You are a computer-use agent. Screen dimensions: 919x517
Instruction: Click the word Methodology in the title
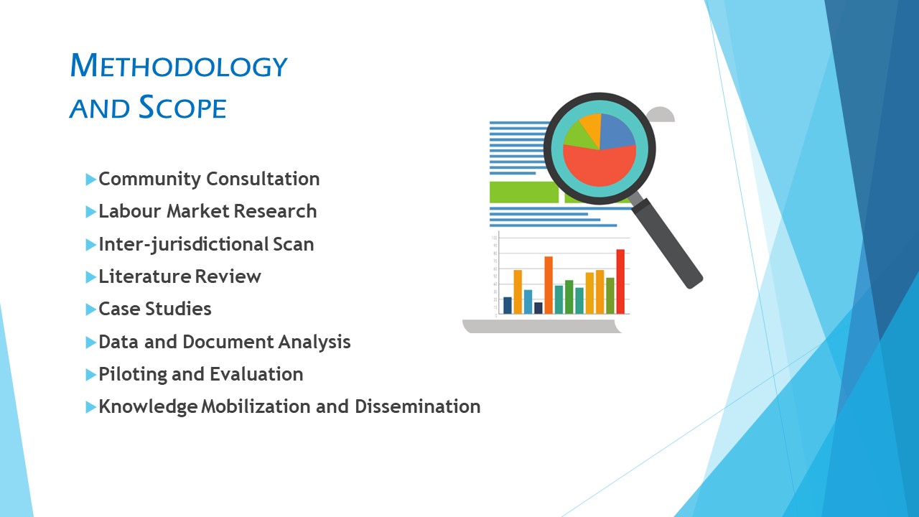pos(179,65)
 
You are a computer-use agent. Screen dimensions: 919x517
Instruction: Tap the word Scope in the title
pos(182,107)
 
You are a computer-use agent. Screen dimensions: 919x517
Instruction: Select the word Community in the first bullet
pos(150,180)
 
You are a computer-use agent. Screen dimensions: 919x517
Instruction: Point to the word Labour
pos(130,211)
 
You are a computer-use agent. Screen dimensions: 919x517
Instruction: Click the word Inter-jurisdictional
pos(183,245)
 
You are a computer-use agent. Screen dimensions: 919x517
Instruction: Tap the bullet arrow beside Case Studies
pos(90,309)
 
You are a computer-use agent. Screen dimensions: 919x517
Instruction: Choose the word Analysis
pos(314,343)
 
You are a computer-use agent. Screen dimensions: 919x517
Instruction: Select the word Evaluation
pos(256,374)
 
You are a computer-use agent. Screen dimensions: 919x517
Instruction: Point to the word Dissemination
pos(418,406)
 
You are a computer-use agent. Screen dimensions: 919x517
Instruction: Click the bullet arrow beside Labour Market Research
pos(90,212)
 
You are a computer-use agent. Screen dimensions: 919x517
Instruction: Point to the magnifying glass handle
pos(667,243)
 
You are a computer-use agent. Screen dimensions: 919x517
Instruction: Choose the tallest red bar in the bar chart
pos(620,281)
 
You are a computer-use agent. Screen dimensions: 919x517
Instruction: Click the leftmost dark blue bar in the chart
pos(508,305)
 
